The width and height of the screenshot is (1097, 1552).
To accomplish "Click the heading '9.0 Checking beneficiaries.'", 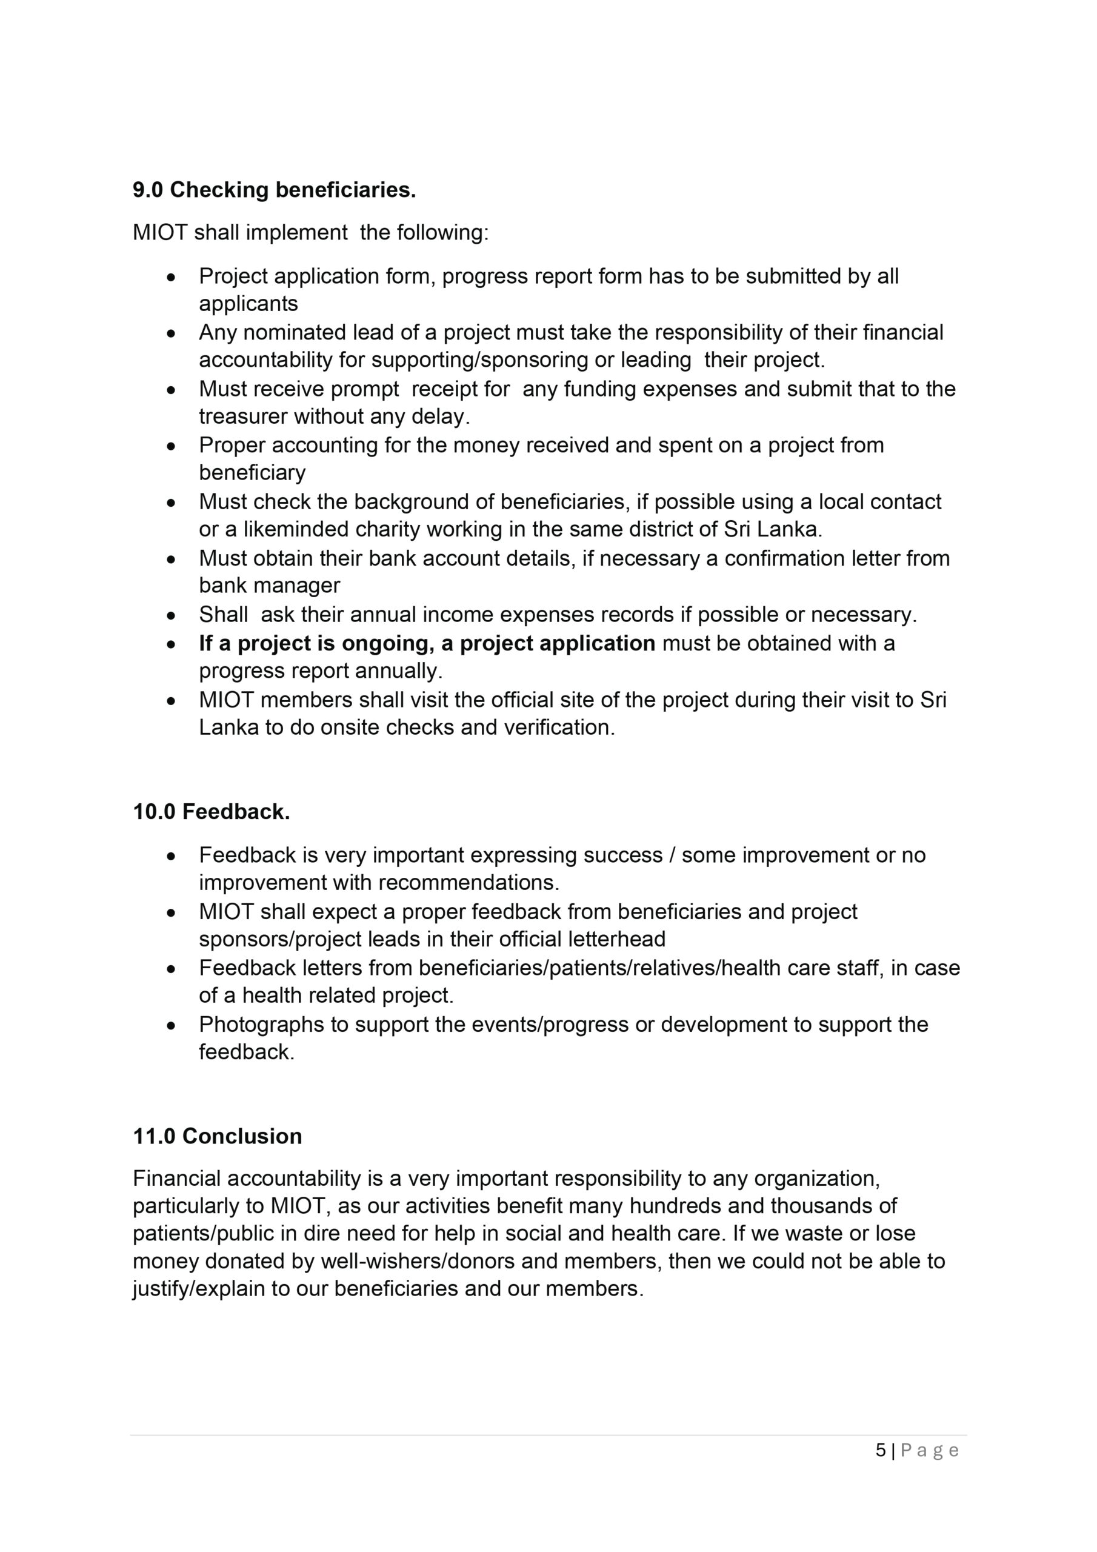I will [x=274, y=190].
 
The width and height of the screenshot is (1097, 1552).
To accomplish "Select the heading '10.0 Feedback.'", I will [x=212, y=811].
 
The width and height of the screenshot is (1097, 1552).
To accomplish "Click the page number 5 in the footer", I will [x=881, y=1450].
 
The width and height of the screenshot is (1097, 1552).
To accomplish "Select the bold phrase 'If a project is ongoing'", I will [x=316, y=643].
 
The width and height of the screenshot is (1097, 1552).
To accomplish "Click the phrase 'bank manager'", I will [x=269, y=586].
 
